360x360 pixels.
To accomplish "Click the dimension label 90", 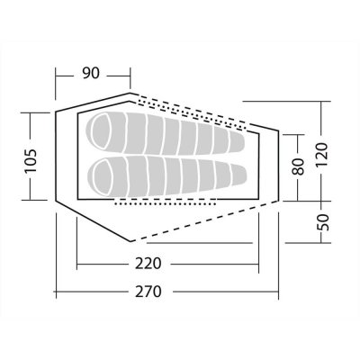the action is (91, 73).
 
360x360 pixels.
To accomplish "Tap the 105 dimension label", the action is (31, 160).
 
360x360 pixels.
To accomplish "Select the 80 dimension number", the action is (298, 166).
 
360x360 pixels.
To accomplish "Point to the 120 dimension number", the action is (321, 155).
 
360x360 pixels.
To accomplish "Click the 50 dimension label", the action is (323, 222).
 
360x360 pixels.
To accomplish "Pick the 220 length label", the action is (148, 264).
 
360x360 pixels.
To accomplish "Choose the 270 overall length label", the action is (148, 292).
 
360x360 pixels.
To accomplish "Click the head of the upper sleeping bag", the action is (101, 131).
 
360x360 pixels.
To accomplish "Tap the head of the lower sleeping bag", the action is (102, 175).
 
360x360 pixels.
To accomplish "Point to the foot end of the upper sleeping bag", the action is (238, 141).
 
